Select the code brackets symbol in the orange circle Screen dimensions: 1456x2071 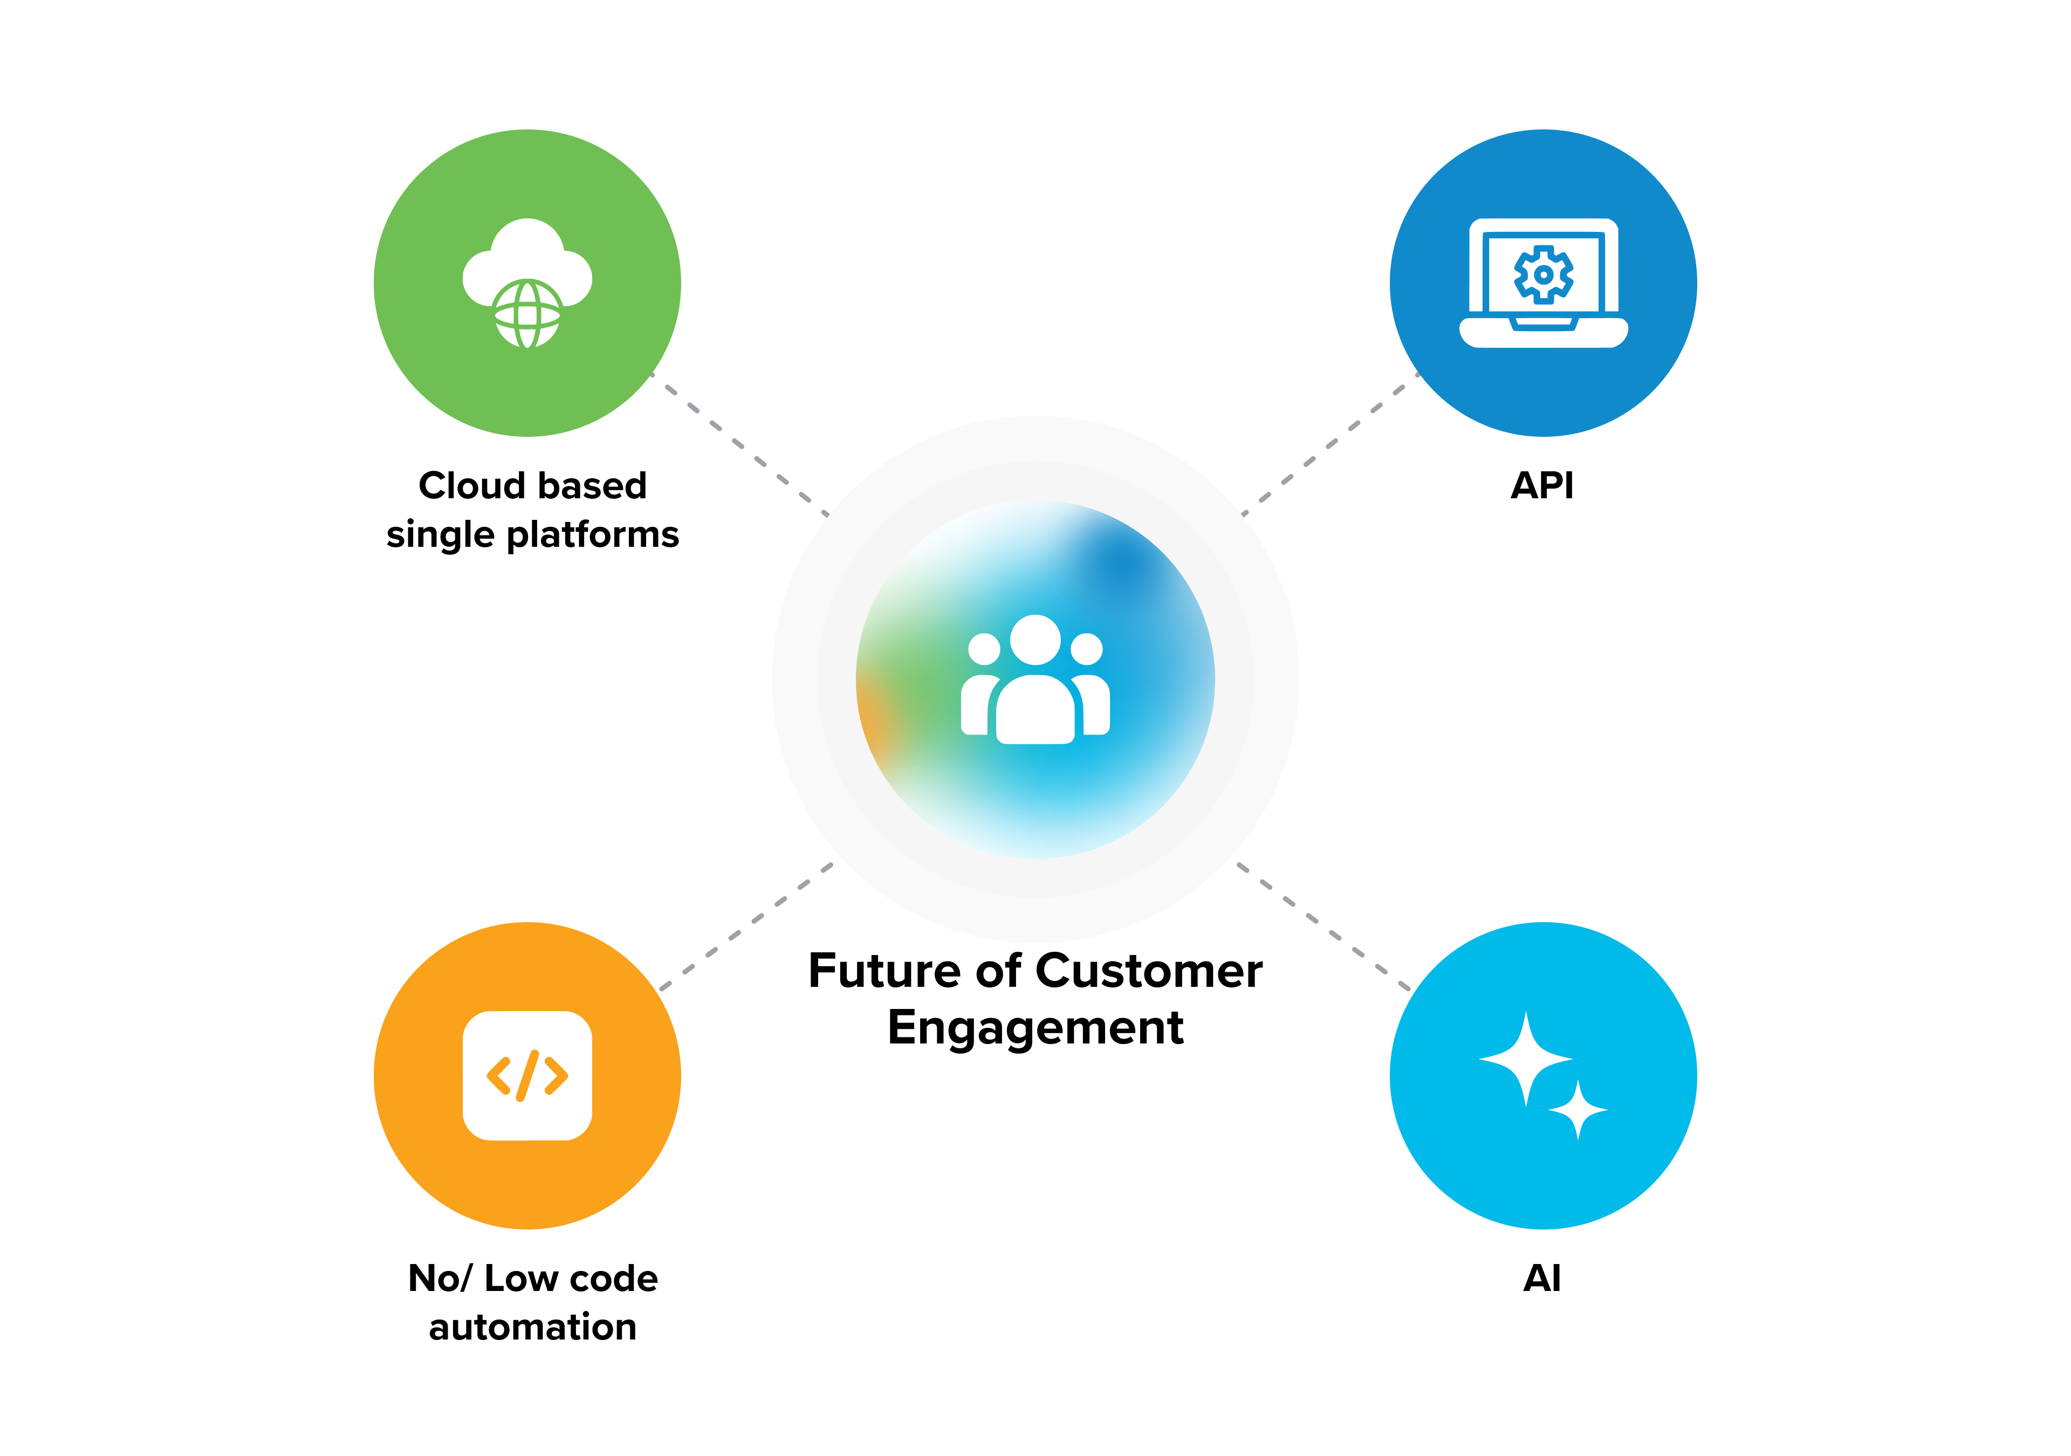[527, 1075]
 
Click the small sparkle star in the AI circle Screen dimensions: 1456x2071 [1578, 1110]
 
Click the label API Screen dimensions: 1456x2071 [1542, 485]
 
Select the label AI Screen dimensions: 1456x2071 [1542, 1278]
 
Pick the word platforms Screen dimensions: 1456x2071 [593, 535]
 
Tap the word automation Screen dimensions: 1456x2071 [532, 1327]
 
